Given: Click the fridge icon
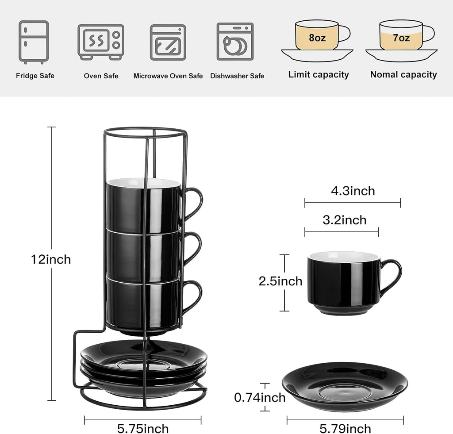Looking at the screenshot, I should click(x=34, y=42).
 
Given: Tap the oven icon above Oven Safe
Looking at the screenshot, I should click(x=101, y=42).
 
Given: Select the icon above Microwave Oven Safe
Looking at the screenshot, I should click(x=168, y=42).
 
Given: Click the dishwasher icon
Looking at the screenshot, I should click(x=235, y=42).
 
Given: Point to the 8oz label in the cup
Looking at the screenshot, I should click(x=317, y=38).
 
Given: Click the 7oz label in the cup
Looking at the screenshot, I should click(x=401, y=38).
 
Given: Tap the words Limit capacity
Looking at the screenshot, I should click(x=319, y=75).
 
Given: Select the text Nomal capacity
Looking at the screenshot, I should click(x=403, y=75).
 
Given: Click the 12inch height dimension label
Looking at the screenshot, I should click(x=51, y=259).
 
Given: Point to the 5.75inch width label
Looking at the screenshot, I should click(x=143, y=428).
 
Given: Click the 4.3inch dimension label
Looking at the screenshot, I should click(x=353, y=191).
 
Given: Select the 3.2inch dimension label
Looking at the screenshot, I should click(x=344, y=220).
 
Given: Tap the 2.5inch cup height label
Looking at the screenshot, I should click(x=280, y=281).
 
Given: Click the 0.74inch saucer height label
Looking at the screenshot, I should click(x=260, y=398).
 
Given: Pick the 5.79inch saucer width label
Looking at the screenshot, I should click(x=345, y=428).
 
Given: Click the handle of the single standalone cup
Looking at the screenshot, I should click(x=392, y=276).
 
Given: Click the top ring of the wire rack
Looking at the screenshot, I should click(x=145, y=131).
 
